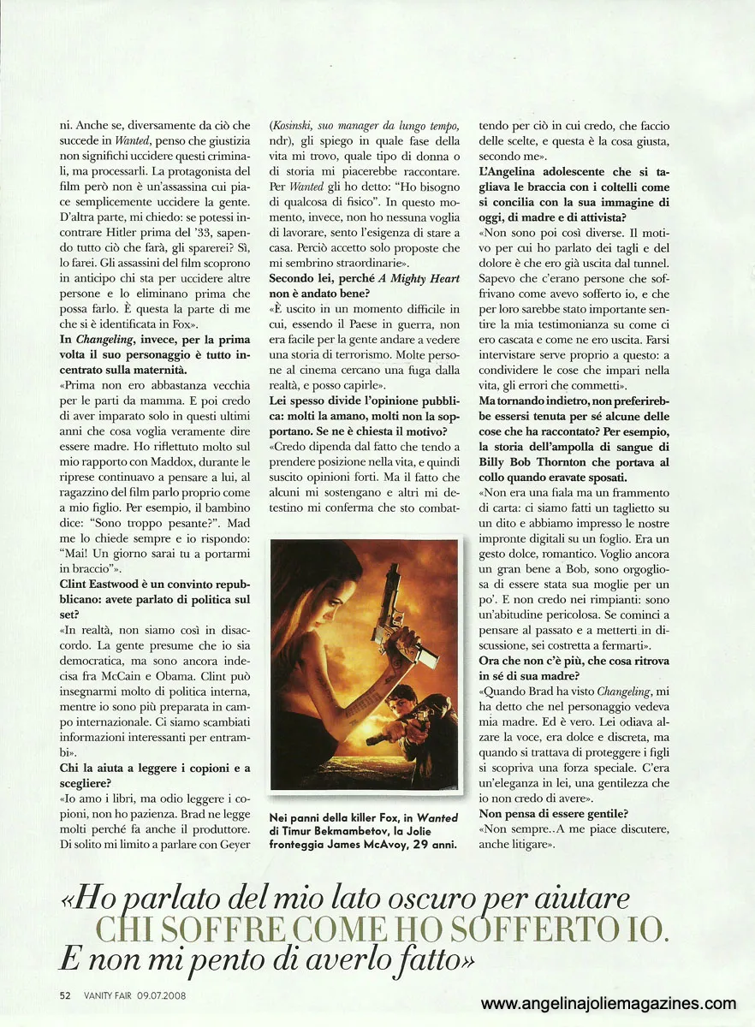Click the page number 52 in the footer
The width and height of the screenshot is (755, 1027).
click(64, 994)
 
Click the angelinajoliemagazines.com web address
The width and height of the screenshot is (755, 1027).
click(608, 1004)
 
